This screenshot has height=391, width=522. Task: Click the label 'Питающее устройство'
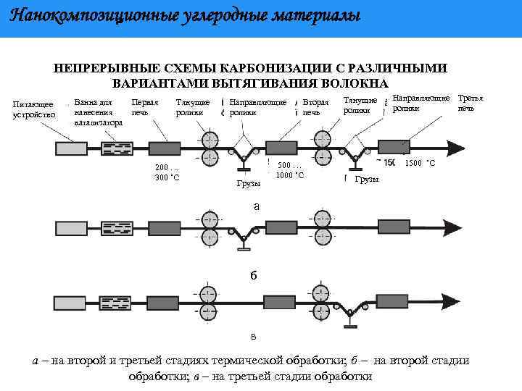(34, 110)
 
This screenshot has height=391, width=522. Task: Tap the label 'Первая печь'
(144, 107)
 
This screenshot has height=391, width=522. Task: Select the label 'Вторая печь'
(315, 107)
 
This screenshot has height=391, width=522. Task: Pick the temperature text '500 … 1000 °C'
(290, 170)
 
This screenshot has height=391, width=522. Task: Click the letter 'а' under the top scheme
(256, 206)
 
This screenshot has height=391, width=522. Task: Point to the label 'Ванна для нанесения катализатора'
(97, 113)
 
